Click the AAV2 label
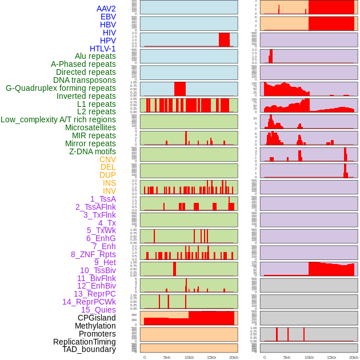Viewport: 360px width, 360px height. tap(106, 9)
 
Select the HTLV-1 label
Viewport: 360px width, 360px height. tap(103, 49)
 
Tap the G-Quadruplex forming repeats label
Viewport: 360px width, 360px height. tap(61, 88)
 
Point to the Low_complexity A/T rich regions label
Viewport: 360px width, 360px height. tap(58, 119)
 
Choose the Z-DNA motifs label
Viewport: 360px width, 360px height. tap(93, 151)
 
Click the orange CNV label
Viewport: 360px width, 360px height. tap(107, 159)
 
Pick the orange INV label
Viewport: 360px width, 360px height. tap(109, 191)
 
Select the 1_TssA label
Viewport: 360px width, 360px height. tap(103, 199)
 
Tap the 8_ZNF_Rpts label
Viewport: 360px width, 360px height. tap(93, 254)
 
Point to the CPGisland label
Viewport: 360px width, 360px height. tap(97, 318)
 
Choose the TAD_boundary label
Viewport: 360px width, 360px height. tap(89, 349)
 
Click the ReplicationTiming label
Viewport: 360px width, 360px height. tap(85, 342)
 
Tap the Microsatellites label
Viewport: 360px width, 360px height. tap(90, 127)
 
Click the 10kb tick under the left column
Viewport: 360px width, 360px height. tap(189, 357)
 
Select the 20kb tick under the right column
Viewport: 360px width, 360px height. tap(354, 357)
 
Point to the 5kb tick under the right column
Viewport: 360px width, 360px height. tap(287, 357)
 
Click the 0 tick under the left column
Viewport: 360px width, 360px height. tap(144, 357)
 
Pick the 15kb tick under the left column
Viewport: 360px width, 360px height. tap(211, 357)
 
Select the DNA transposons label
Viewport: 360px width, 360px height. tap(85, 80)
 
